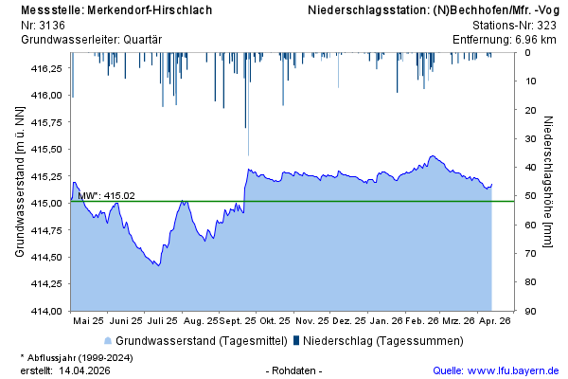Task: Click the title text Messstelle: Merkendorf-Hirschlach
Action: point(115,10)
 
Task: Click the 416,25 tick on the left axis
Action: point(46,69)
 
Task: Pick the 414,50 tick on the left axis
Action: point(46,257)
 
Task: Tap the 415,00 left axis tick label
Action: point(46,204)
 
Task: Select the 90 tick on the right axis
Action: point(531,311)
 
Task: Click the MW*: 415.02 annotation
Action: point(106,196)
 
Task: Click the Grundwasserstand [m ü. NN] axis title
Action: point(19,182)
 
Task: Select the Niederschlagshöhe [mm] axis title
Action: point(549,182)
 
